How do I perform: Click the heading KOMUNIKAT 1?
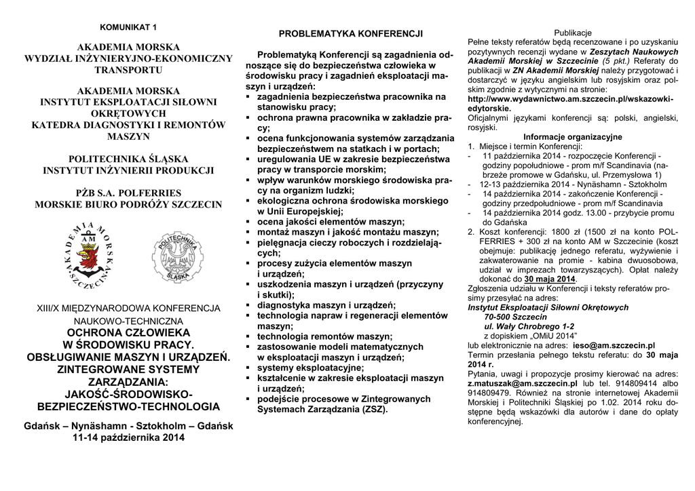[x=128, y=27]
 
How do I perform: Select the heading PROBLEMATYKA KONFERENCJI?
[x=351, y=33]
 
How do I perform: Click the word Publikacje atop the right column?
[x=574, y=33]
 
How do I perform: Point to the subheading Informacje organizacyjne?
[x=573, y=136]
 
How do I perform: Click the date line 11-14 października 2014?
[x=128, y=437]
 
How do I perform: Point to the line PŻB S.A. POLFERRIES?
[x=128, y=192]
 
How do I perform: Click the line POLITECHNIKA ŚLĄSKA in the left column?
[x=128, y=158]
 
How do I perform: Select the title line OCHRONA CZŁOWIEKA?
[x=128, y=332]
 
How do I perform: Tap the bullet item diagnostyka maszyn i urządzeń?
[x=326, y=305]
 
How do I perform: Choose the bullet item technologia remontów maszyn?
[x=324, y=336]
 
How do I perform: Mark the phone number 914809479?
[x=488, y=393]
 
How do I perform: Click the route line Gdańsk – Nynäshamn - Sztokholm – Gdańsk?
[x=128, y=426]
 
